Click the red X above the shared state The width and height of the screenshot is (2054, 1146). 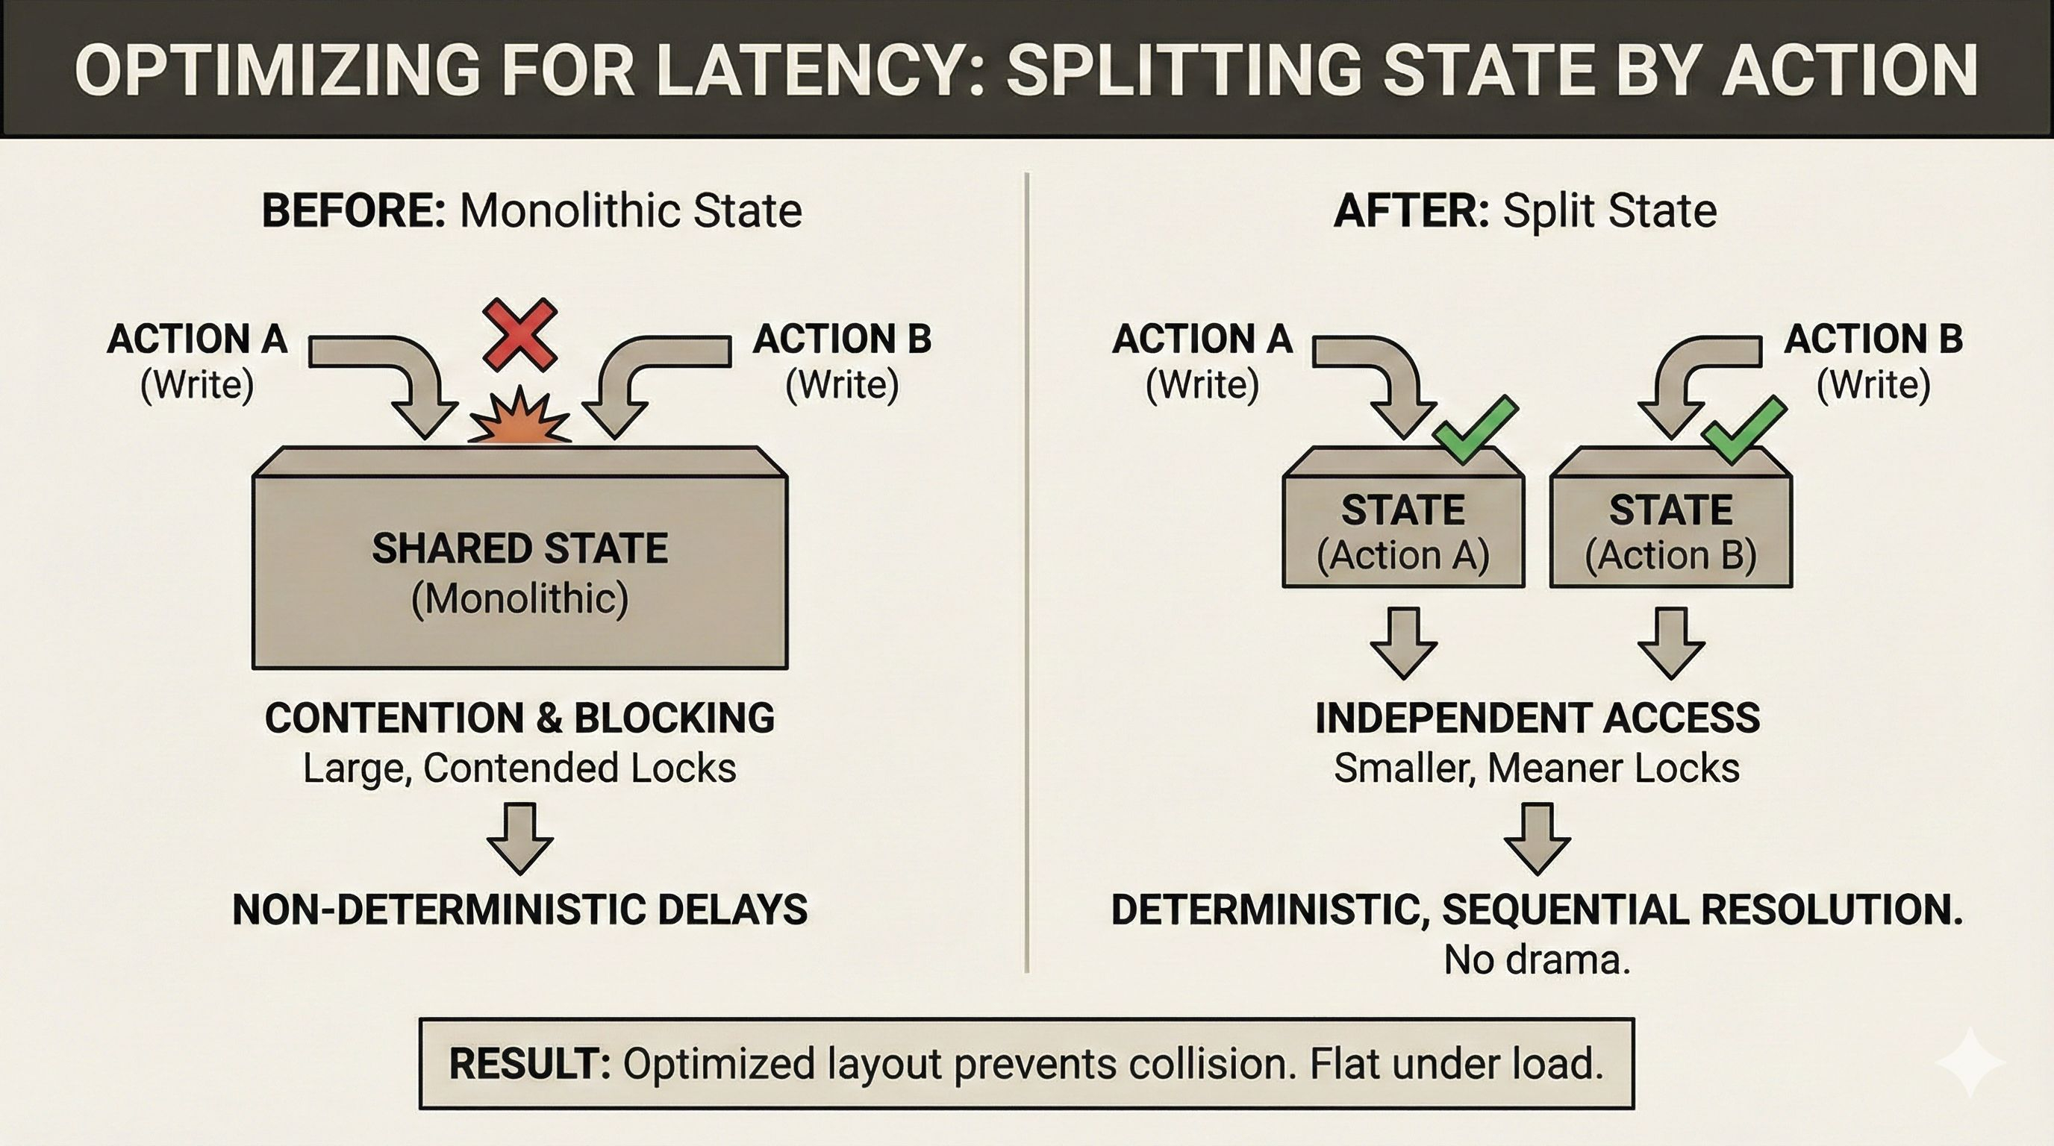(520, 335)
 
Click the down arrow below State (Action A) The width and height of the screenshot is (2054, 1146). (1403, 642)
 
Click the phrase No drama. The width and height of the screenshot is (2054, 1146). (1537, 960)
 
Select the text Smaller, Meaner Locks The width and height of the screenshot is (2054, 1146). (1537, 768)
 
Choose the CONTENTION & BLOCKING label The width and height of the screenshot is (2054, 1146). (520, 718)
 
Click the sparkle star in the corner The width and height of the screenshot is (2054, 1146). (1970, 1062)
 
